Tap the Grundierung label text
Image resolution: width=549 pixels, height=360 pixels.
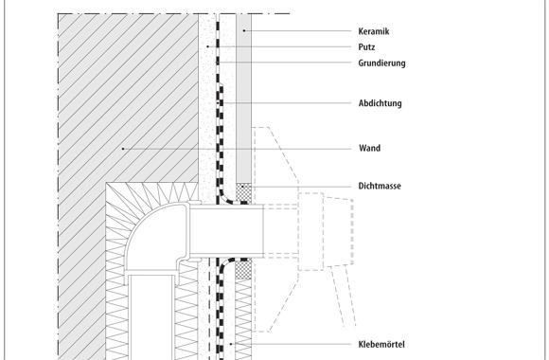pyautogui.click(x=382, y=63)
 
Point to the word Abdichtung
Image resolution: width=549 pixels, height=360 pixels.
pyautogui.click(x=381, y=102)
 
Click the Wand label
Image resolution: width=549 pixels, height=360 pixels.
pyautogui.click(x=369, y=149)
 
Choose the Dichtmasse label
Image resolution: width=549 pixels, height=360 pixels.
pyautogui.click(x=381, y=187)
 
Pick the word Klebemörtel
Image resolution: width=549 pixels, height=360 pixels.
pyautogui.click(x=382, y=344)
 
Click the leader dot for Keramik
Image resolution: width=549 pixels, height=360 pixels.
pyautogui.click(x=241, y=31)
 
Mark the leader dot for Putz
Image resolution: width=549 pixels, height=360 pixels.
pyautogui.click(x=207, y=46)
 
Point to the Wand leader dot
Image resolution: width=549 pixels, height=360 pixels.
pyautogui.click(x=123, y=149)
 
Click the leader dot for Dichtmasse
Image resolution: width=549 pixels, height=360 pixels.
pyautogui.click(x=243, y=187)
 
